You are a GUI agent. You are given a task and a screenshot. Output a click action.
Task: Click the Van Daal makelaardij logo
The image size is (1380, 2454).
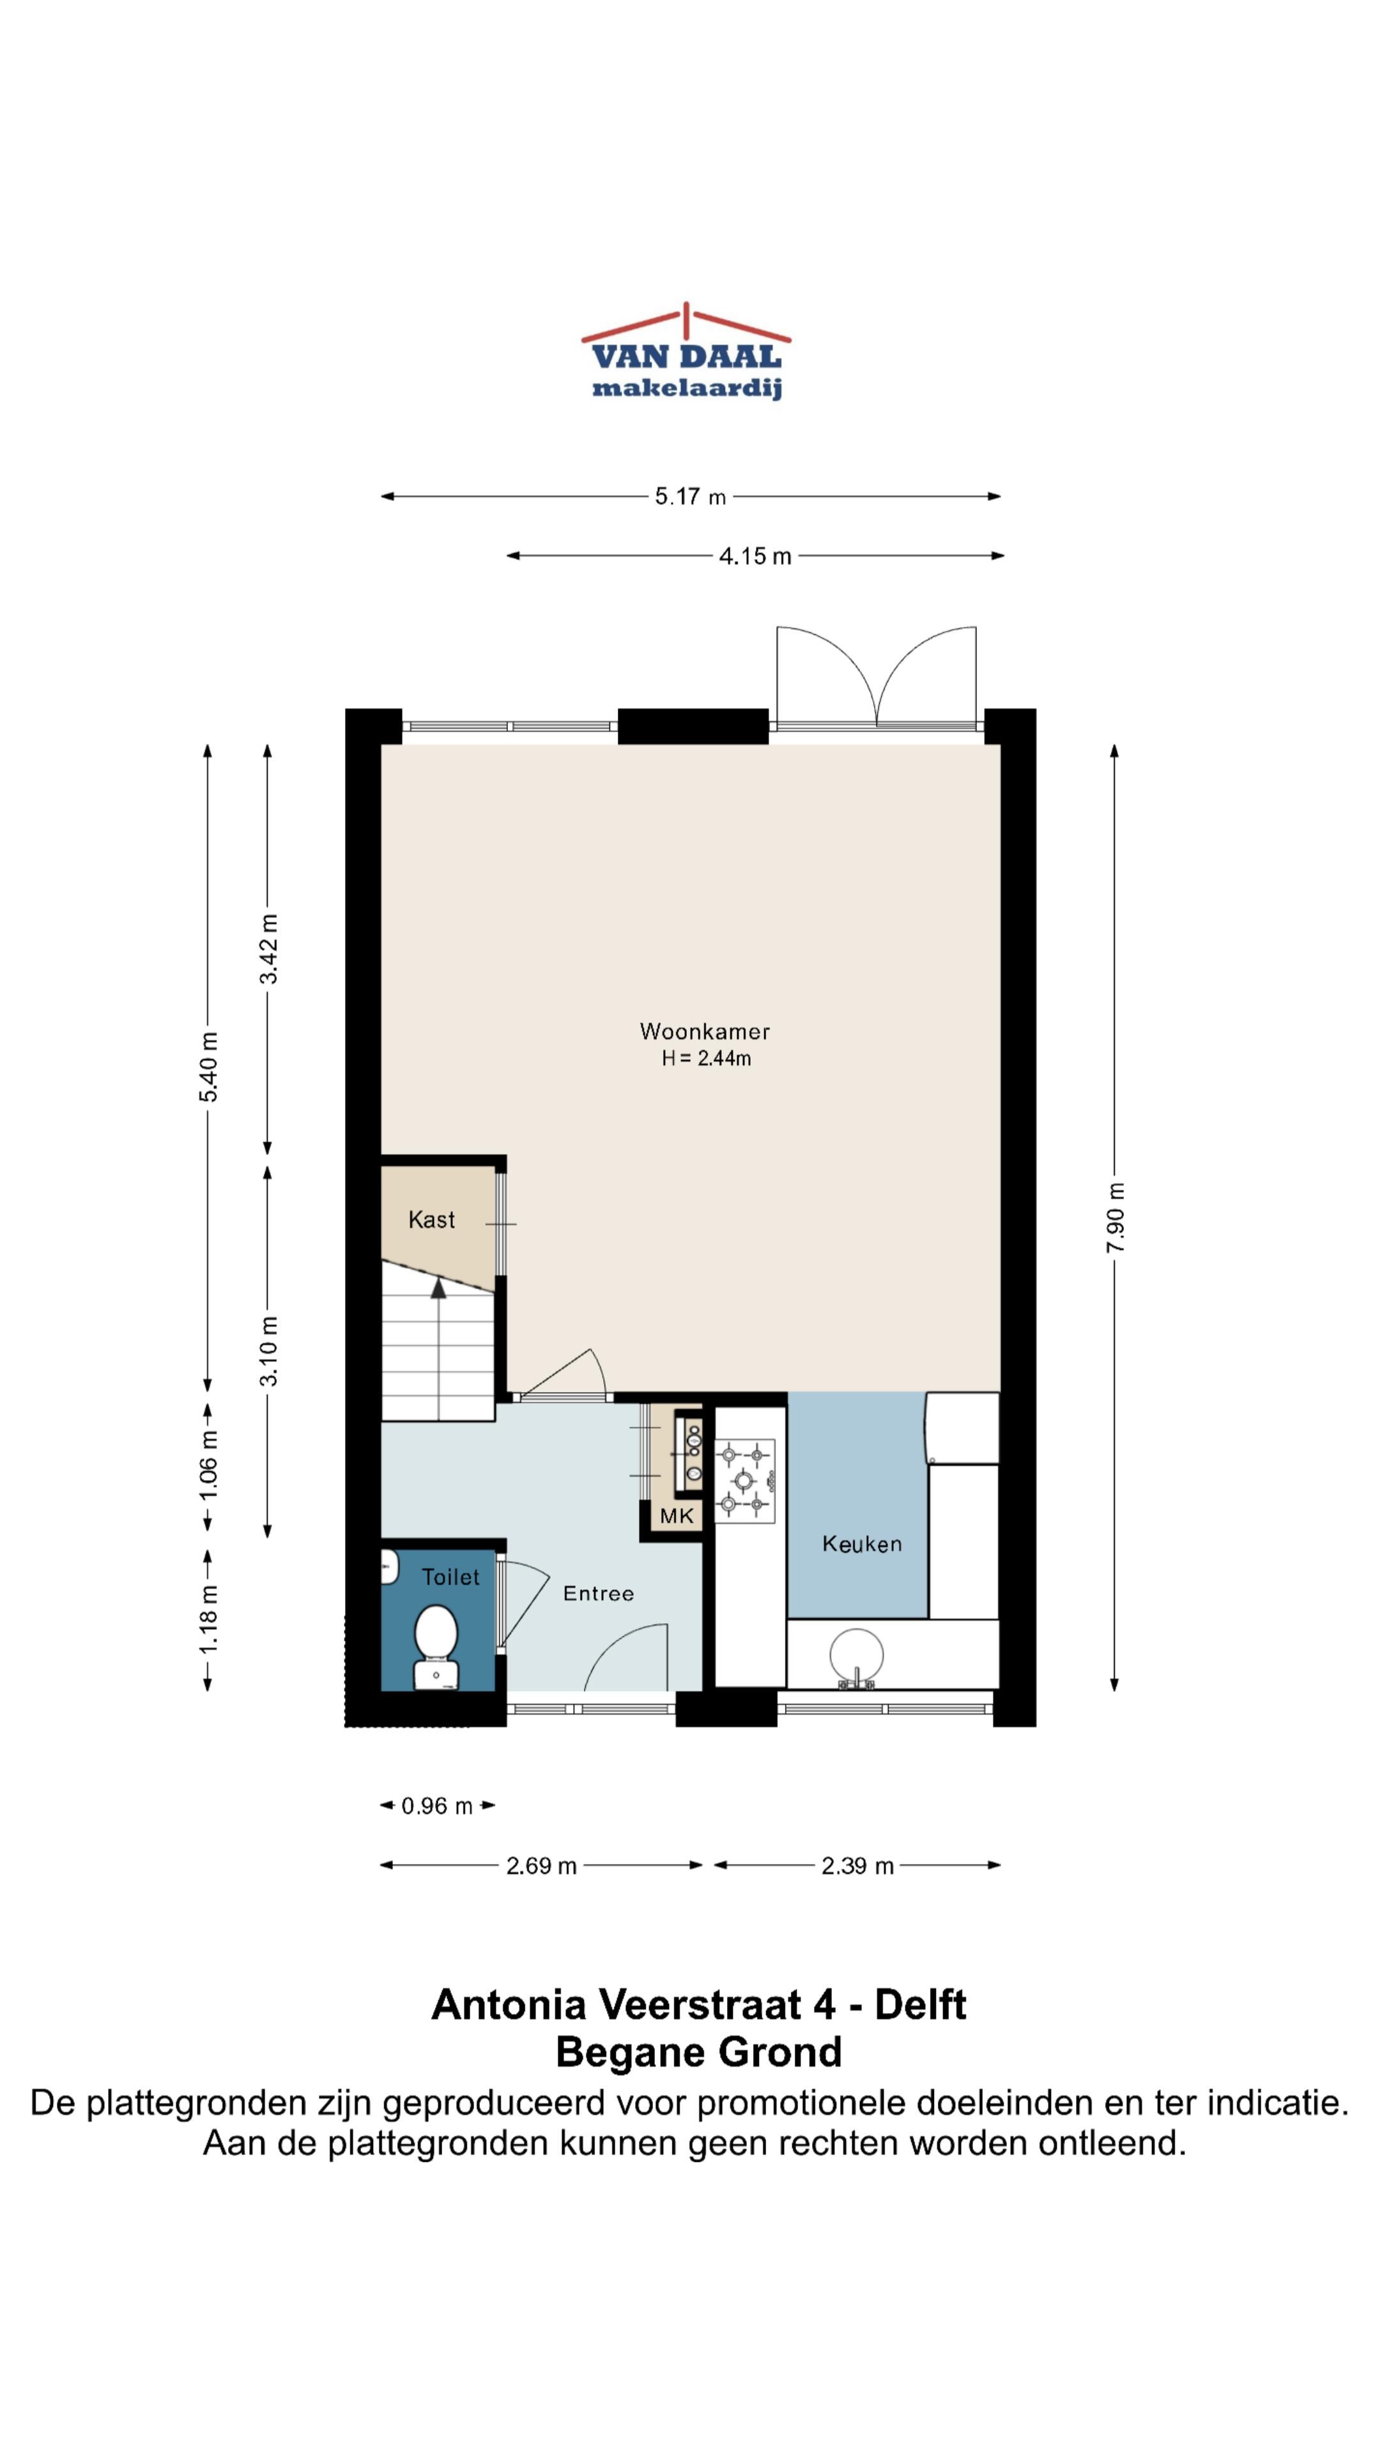[x=686, y=351]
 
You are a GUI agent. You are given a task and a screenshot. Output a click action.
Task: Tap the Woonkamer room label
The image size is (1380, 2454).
[x=705, y=1031]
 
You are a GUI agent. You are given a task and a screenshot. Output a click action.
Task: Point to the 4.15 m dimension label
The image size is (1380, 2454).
[x=755, y=557]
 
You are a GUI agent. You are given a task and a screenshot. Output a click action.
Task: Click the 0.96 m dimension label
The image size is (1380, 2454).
[x=437, y=1806]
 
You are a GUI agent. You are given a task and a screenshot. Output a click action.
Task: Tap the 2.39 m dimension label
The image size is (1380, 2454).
[x=857, y=1866]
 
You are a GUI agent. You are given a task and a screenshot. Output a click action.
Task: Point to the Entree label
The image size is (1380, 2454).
[x=598, y=1594]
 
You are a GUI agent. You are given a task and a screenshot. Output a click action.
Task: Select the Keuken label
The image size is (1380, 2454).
[x=862, y=1543]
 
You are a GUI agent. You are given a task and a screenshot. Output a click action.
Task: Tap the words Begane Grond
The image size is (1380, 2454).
[x=699, y=2053]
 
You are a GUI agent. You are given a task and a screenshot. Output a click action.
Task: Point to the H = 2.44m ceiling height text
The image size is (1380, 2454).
[x=707, y=1058]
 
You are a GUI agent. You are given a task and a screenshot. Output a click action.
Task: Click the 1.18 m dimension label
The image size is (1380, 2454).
[x=208, y=1619]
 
